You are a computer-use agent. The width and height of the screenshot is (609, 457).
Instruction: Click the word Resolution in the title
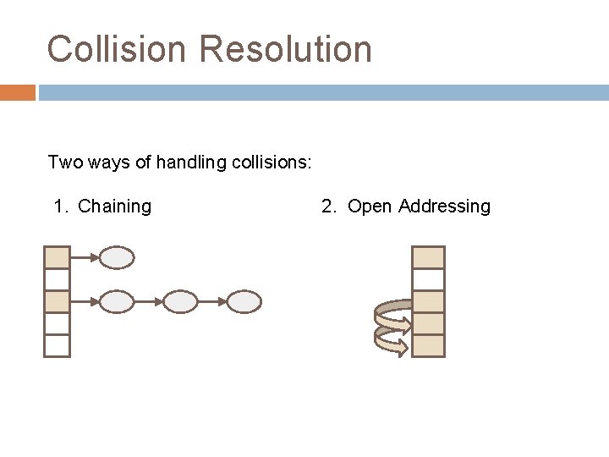point(286,49)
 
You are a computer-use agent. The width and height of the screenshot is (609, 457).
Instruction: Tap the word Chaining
point(114,206)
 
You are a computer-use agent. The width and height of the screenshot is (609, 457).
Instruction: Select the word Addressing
point(444,206)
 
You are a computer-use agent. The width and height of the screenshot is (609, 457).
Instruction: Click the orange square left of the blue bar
point(18,92)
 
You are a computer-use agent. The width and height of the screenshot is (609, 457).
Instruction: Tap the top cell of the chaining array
point(57,257)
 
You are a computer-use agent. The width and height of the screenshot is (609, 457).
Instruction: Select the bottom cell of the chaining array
point(57,345)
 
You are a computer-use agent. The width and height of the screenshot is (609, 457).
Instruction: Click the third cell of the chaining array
point(57,301)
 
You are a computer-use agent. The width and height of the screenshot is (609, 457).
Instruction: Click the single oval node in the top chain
point(118,257)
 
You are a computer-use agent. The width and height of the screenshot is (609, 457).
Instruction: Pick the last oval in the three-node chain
point(244,301)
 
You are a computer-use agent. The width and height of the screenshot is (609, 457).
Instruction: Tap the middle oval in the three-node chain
point(179,301)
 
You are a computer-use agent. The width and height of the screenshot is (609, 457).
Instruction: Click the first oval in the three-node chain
point(118,301)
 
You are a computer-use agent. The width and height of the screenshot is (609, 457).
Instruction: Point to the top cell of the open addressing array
point(428,257)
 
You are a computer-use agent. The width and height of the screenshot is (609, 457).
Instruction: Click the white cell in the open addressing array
point(428,279)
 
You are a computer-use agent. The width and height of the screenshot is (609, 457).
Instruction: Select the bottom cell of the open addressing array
point(428,345)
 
